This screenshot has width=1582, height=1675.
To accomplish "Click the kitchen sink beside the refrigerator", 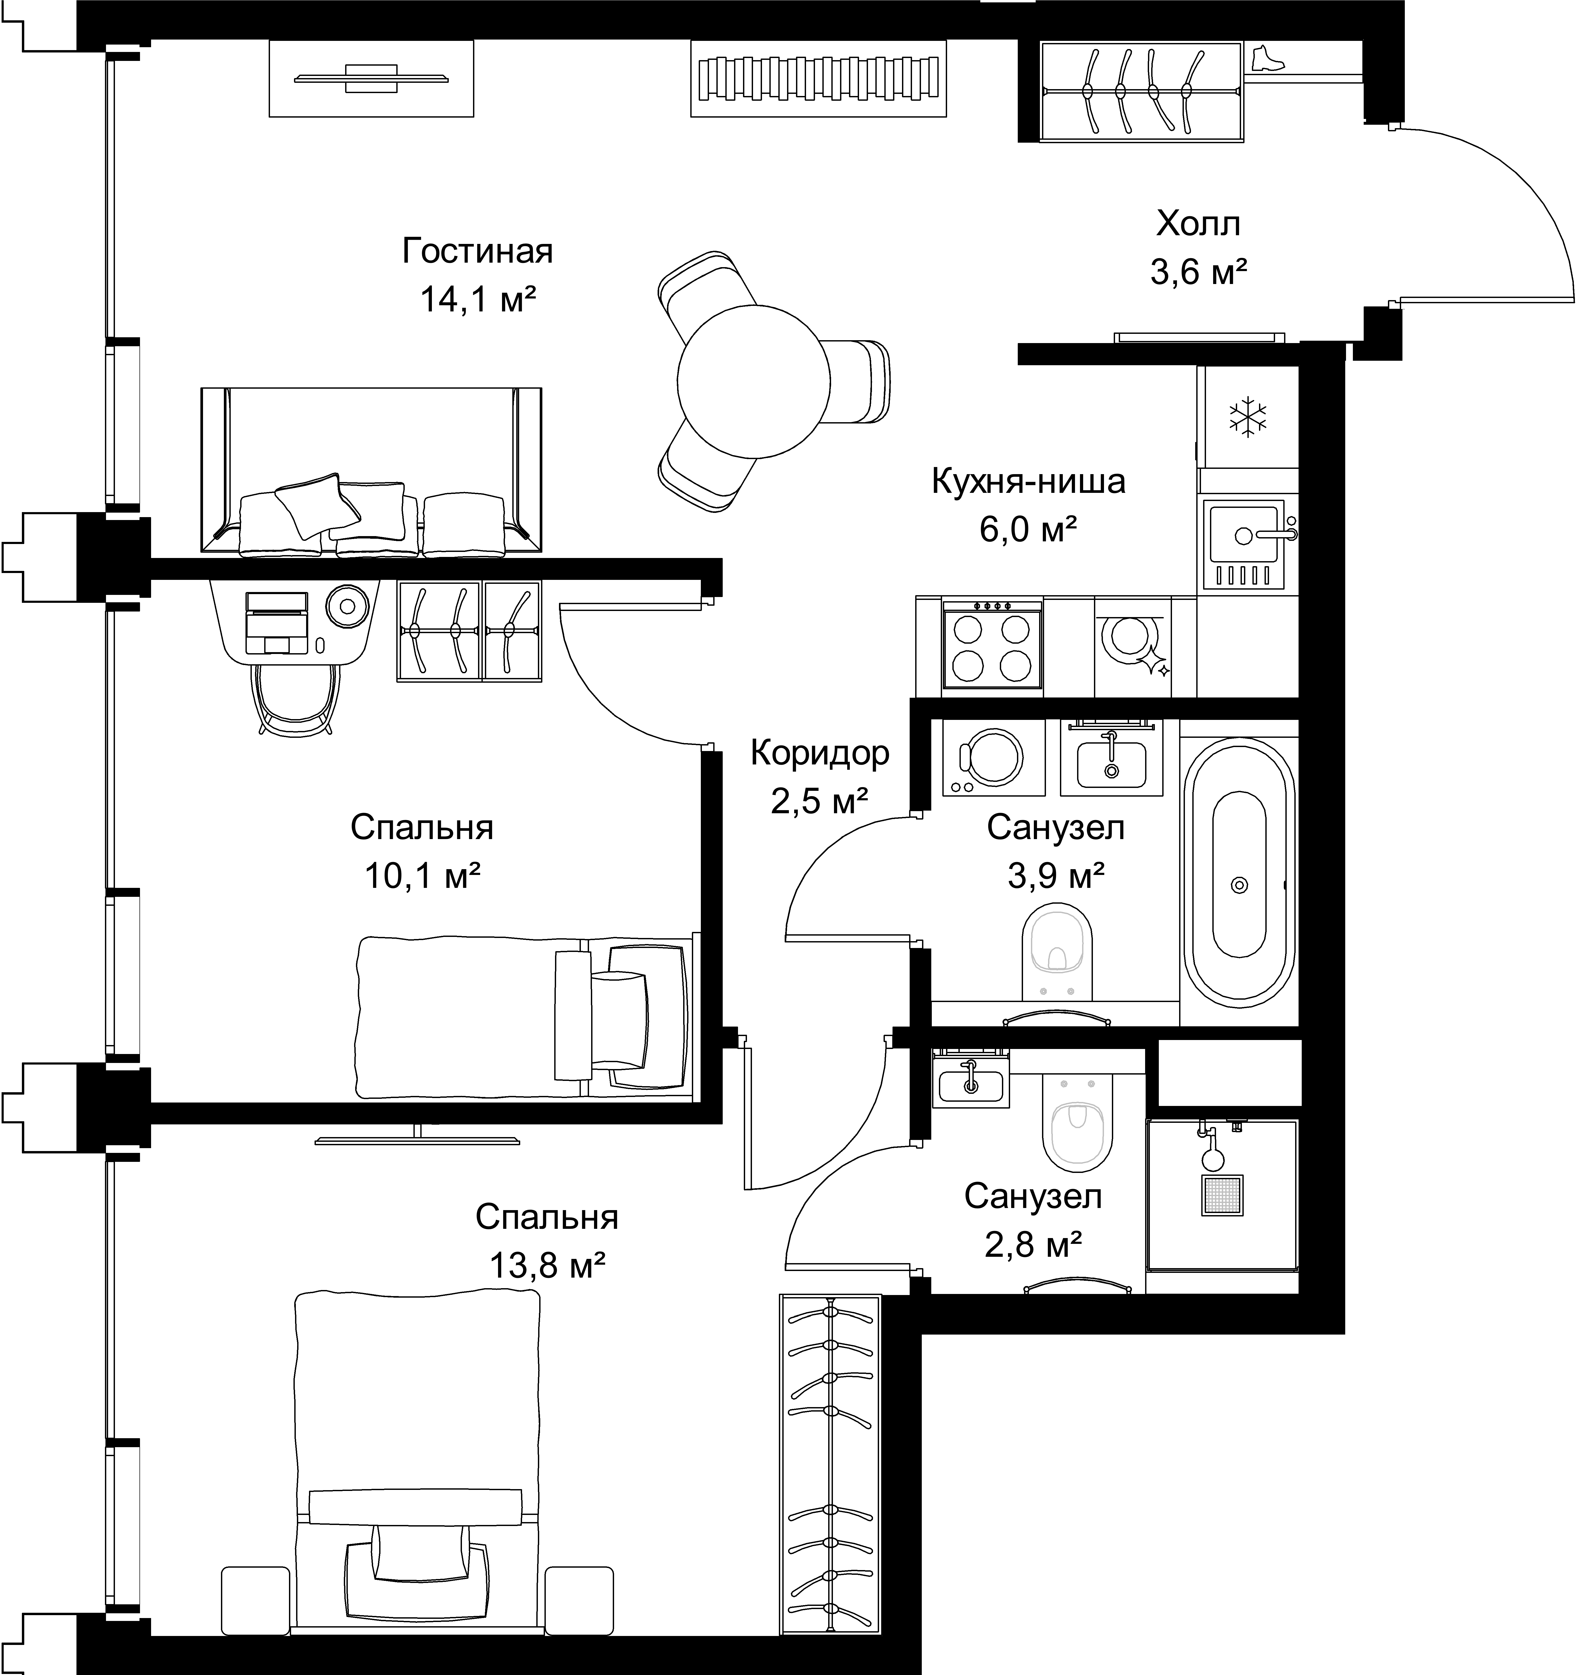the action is click(1244, 544).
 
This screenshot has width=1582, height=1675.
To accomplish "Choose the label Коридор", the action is click(820, 753).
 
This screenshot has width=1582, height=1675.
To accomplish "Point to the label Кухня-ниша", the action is click(1029, 482).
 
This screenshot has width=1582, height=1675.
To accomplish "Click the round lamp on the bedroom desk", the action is click(348, 605).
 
